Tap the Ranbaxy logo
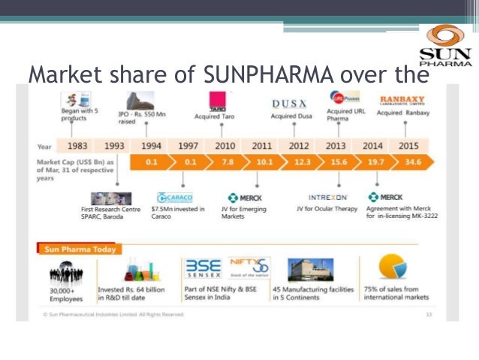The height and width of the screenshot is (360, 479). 402,100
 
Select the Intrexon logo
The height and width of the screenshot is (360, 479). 327,197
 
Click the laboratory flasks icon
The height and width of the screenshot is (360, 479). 139,271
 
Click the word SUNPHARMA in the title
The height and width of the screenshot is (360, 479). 256,75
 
